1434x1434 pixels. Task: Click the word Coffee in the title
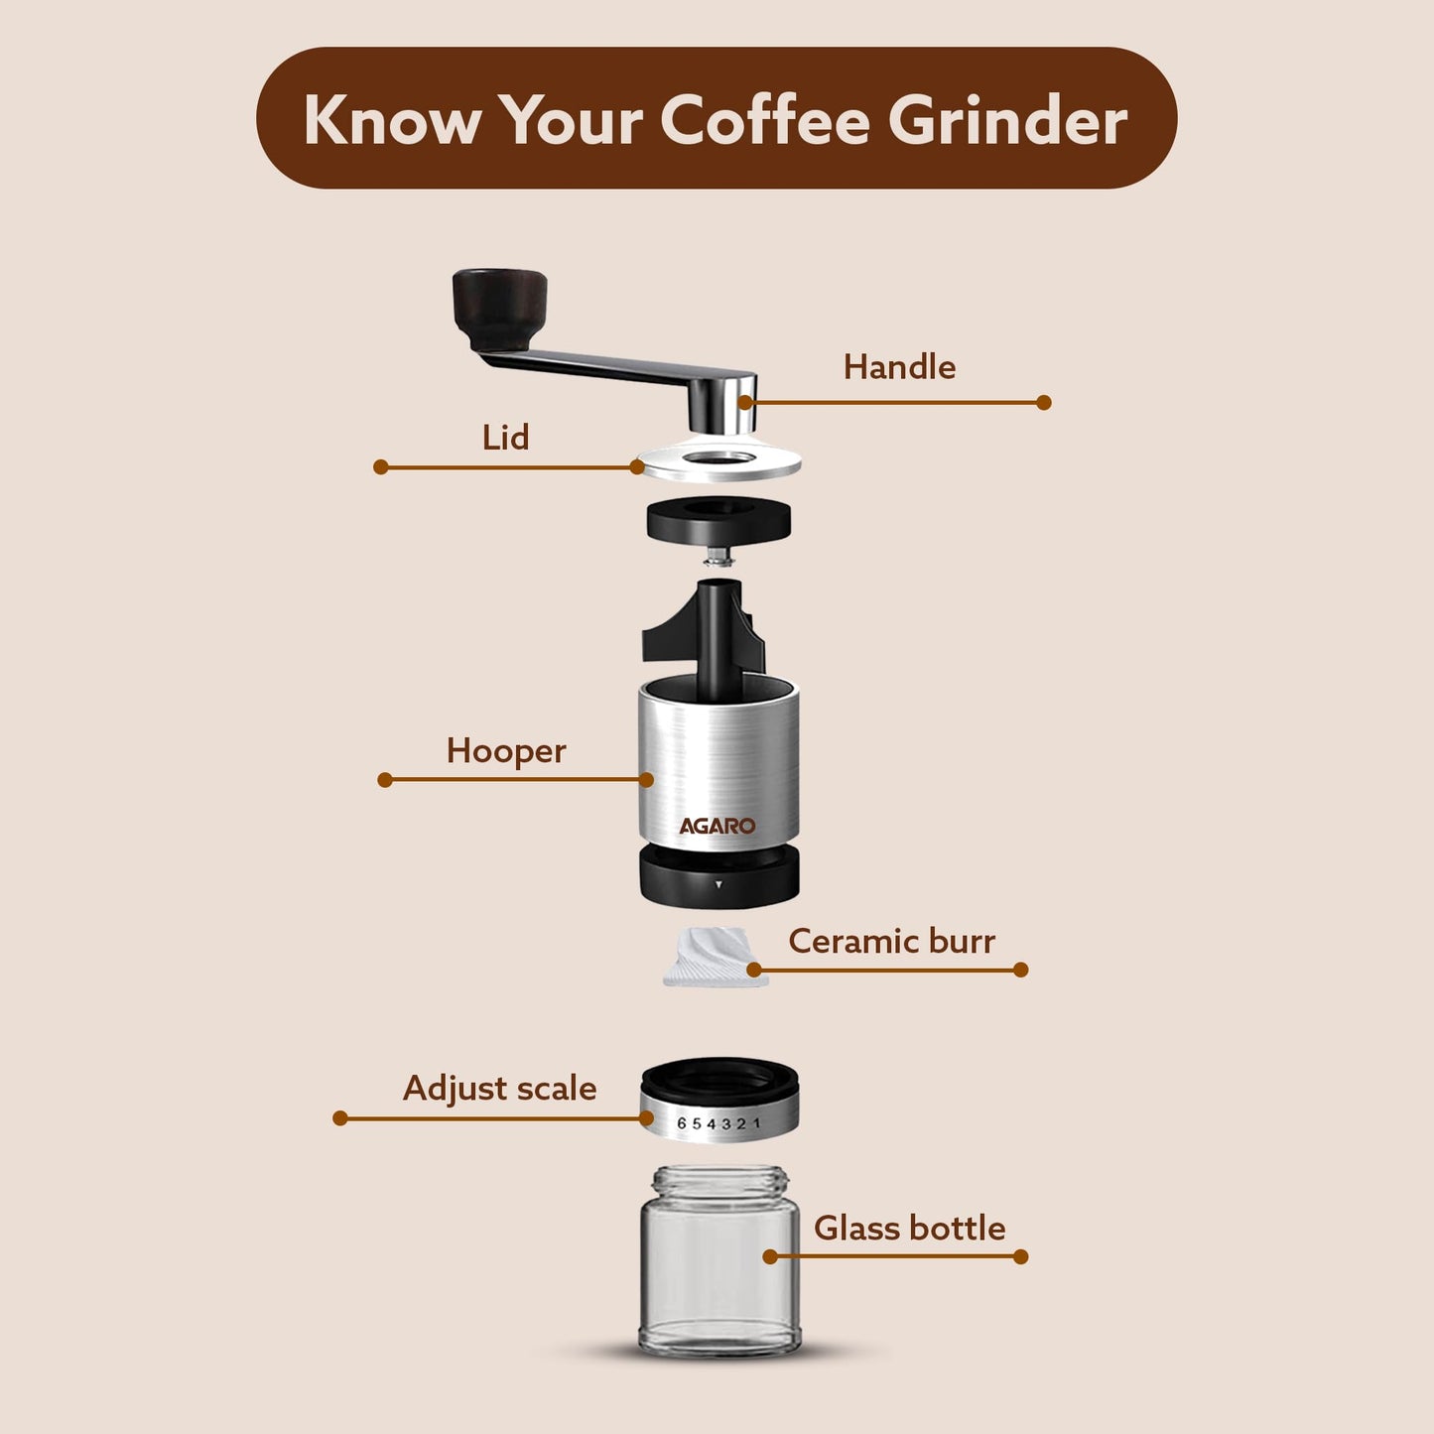pyautogui.click(x=764, y=120)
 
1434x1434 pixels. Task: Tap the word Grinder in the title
pyautogui.click(x=1006, y=120)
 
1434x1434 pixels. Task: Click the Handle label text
pyautogui.click(x=899, y=367)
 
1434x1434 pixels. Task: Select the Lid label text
pyautogui.click(x=505, y=438)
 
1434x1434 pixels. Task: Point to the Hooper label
pyautogui.click(x=506, y=751)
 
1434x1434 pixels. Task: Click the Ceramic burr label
pyautogui.click(x=891, y=941)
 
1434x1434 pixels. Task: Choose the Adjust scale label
pyautogui.click(x=499, y=1089)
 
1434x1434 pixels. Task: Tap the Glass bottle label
pyautogui.click(x=909, y=1229)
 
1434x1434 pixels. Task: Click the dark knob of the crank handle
pyautogui.click(x=500, y=306)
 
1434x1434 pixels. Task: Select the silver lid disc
pyautogui.click(x=718, y=462)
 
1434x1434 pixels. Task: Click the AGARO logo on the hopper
pyautogui.click(x=717, y=826)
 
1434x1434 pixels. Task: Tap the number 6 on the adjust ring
pyautogui.click(x=682, y=1123)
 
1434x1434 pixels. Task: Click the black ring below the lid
pyautogui.click(x=718, y=520)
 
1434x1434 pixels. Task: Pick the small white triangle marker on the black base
pyautogui.click(x=718, y=883)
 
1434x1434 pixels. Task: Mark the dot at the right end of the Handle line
pyautogui.click(x=1043, y=403)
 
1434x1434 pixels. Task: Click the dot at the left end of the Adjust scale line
pyautogui.click(x=340, y=1118)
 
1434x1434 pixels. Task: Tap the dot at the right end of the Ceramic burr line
pyautogui.click(x=1021, y=970)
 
